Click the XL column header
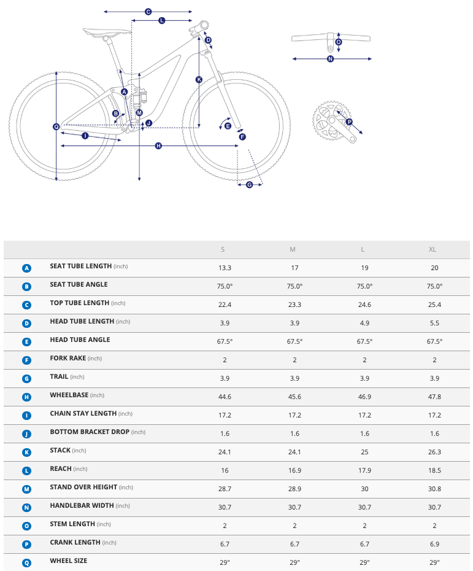[433, 249]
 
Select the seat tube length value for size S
[225, 268]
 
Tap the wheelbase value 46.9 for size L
[364, 397]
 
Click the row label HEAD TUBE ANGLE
[80, 340]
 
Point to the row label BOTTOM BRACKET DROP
[90, 432]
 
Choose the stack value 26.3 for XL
[434, 452]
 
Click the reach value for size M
[294, 470]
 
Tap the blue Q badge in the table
[26, 561]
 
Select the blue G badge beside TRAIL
[26, 379]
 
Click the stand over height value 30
[364, 489]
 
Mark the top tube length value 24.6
[364, 305]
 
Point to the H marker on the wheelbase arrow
[158, 146]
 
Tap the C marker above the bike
[148, 12]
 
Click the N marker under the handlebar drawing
[330, 59]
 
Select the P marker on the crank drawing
[349, 122]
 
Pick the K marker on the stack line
[199, 79]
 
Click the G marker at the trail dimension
[249, 184]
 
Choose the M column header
[293, 249]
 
